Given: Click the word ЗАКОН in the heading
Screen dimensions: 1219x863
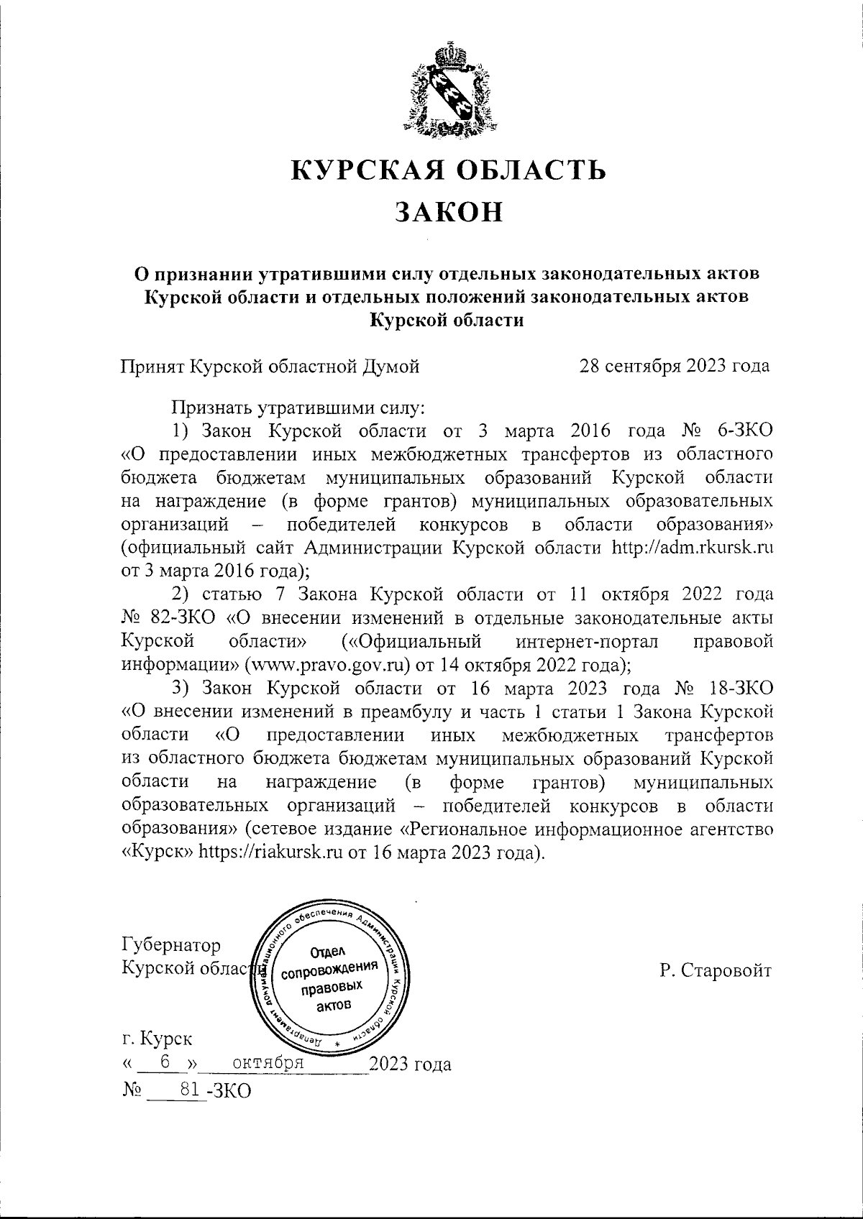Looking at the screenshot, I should point(449,212).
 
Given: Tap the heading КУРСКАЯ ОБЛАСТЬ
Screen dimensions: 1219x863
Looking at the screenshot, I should point(449,170).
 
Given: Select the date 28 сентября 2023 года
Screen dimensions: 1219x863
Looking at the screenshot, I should point(675,367).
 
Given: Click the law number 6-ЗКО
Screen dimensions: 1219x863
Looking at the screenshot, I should point(744,431).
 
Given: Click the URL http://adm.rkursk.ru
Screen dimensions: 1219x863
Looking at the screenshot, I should point(692,548).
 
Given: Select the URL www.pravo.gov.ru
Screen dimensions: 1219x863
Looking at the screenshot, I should point(329,663).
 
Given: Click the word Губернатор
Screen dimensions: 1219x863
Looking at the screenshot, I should point(172,944).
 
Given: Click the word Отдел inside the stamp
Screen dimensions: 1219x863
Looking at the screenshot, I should point(329,953).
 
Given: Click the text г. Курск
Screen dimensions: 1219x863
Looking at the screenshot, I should point(157,1039).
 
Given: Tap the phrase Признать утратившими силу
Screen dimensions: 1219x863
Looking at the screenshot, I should point(298,408).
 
